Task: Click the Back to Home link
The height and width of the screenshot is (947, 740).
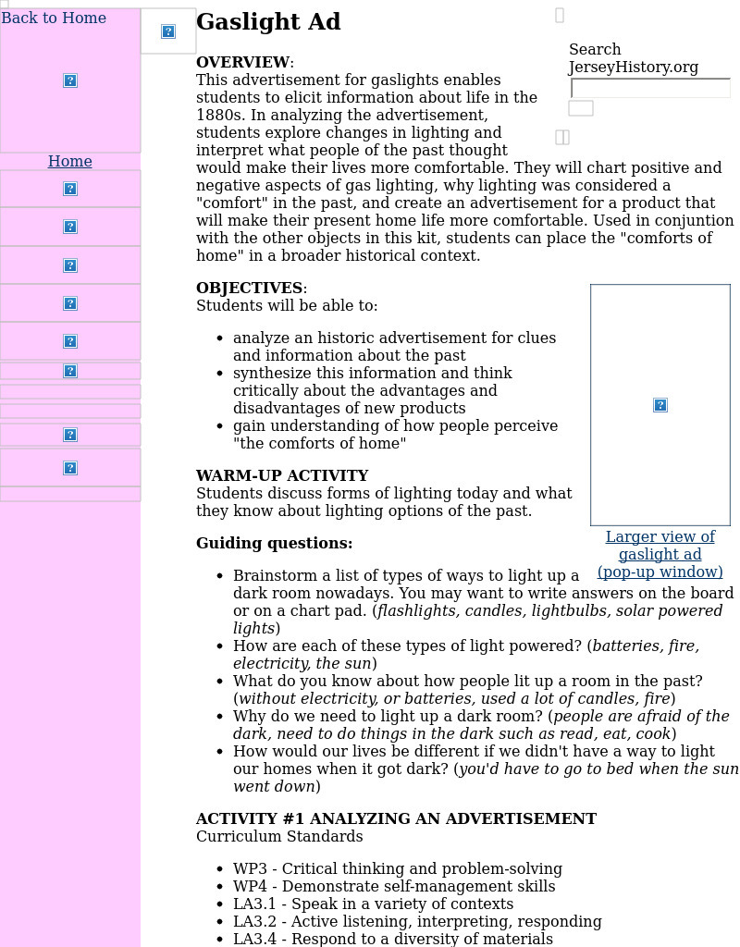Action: pos(54,18)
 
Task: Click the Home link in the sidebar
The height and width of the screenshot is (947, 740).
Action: pos(70,162)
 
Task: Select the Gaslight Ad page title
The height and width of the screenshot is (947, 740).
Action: pos(268,22)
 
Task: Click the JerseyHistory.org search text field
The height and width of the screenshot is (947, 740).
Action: pos(650,89)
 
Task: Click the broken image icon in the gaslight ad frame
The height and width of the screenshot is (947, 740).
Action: pos(660,405)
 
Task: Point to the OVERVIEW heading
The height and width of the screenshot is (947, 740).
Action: pos(242,63)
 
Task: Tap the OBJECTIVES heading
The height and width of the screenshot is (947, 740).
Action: pos(249,289)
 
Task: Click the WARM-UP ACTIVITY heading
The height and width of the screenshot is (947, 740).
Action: pos(282,476)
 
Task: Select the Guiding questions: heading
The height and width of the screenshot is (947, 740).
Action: pos(274,544)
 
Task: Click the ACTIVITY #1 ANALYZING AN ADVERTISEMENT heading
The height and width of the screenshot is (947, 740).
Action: pos(396,819)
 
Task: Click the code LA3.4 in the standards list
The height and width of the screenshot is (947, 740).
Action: pos(253,940)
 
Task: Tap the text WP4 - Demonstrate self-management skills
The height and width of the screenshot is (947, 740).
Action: pos(394,887)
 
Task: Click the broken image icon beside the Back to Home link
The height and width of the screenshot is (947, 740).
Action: pos(168,31)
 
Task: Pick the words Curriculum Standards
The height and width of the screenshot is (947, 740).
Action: pos(279,837)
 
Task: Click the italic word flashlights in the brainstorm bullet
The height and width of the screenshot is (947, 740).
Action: pos(417,611)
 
